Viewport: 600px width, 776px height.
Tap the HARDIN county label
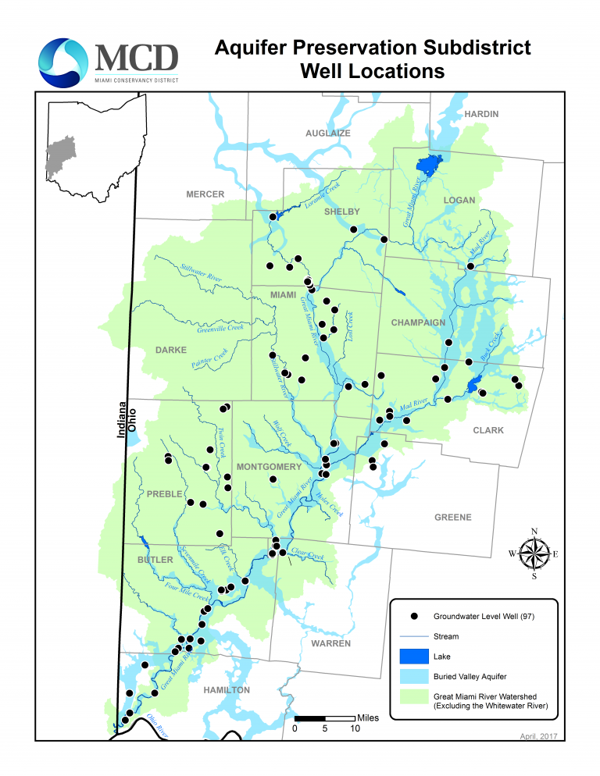481,114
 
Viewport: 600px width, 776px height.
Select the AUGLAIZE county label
327,133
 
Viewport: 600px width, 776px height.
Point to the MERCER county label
205,194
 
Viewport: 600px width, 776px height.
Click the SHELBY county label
342,212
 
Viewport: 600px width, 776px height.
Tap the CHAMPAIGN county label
419,322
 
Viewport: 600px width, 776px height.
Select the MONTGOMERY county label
269,467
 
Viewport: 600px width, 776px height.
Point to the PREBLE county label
164,494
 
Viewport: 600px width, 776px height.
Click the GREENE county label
453,518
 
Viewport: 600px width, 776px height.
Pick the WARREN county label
330,644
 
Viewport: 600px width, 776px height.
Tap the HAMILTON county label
227,690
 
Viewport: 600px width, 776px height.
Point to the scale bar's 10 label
355,728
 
